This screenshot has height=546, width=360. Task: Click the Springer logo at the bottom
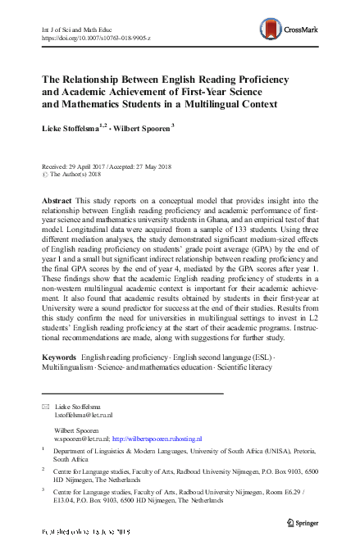point(301,521)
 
